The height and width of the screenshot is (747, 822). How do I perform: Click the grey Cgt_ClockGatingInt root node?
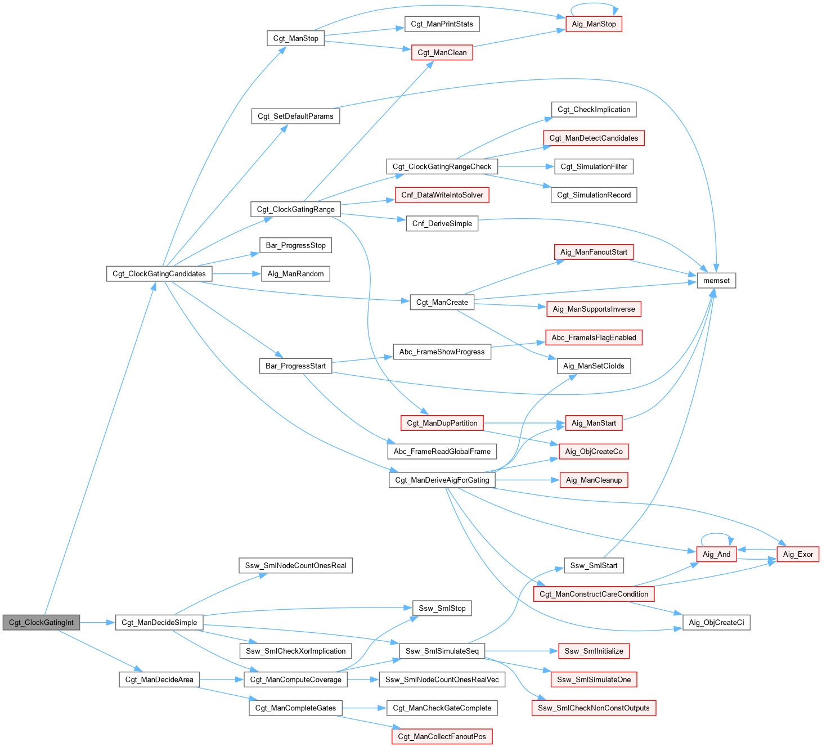[42, 623]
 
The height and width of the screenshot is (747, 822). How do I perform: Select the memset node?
[716, 281]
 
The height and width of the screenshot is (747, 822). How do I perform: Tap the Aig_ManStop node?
[594, 24]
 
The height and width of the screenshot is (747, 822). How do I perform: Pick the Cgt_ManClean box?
[442, 53]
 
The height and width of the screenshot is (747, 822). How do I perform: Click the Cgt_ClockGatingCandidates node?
[159, 274]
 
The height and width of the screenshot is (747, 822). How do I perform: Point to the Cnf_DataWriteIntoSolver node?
[442, 195]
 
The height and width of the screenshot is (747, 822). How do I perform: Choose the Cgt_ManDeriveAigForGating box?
[442, 480]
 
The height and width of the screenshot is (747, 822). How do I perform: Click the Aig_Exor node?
[798, 555]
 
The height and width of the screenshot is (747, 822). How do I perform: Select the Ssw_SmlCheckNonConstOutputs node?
[594, 708]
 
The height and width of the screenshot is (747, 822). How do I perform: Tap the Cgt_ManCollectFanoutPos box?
[442, 737]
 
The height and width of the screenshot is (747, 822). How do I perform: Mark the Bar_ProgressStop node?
[295, 246]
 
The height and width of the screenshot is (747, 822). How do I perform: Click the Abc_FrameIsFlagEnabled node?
[594, 338]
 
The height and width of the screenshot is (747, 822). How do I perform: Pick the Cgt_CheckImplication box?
[594, 110]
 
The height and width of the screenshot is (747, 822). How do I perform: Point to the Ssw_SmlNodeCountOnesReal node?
[295, 566]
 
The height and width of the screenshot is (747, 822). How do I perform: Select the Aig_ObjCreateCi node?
[716, 623]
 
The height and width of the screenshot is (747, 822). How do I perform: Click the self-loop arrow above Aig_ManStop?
[594, 5]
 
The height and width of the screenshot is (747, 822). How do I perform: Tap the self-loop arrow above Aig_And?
[716, 534]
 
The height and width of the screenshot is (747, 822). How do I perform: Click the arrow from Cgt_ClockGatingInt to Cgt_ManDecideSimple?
[97, 623]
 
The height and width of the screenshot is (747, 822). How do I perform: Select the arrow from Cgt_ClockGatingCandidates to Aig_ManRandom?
[236, 274]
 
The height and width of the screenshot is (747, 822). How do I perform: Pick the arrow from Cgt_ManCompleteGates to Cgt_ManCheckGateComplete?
[364, 708]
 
